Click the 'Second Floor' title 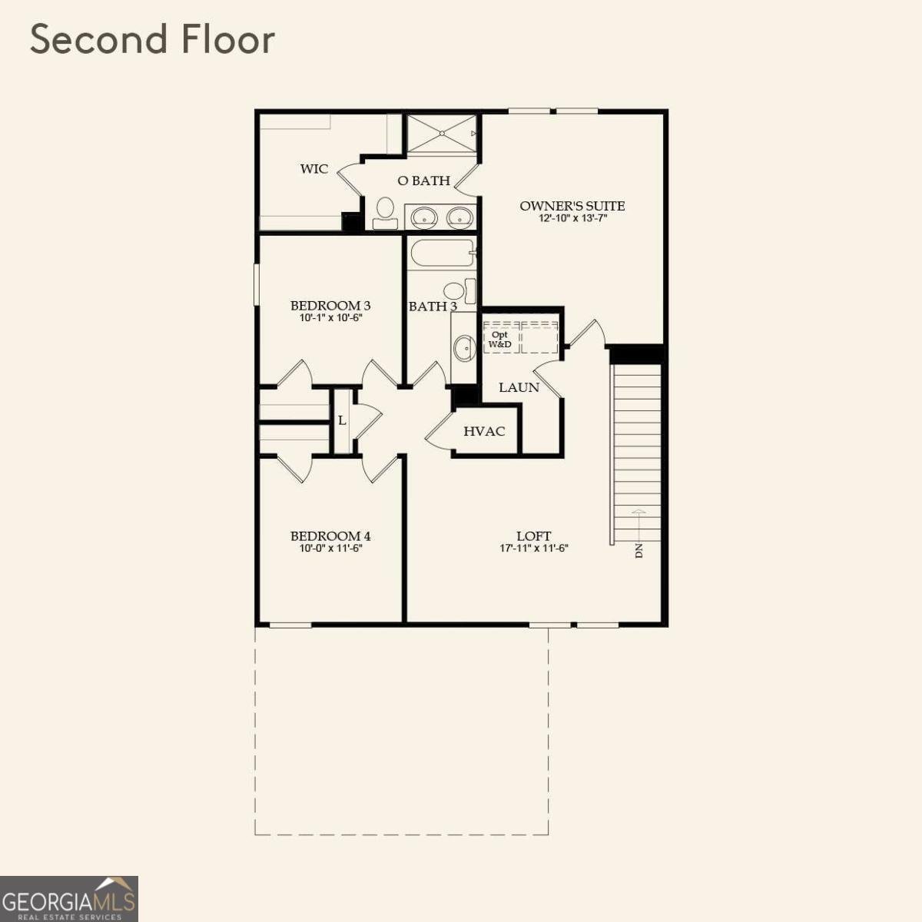click(152, 40)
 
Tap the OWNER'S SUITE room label click(572, 206)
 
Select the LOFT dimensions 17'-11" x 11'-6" click(534, 549)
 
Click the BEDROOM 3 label click(330, 306)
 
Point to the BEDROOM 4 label click(330, 536)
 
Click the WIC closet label click(314, 169)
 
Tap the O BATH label click(423, 181)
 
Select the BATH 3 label click(433, 307)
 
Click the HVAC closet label click(484, 432)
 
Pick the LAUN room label click(519, 387)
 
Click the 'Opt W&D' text click(500, 340)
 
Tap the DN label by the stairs click(638, 550)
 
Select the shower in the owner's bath click(442, 134)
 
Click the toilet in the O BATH click(385, 212)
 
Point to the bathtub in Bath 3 click(442, 253)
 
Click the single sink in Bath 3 click(464, 347)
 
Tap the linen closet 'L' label click(342, 421)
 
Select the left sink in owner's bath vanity click(424, 217)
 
